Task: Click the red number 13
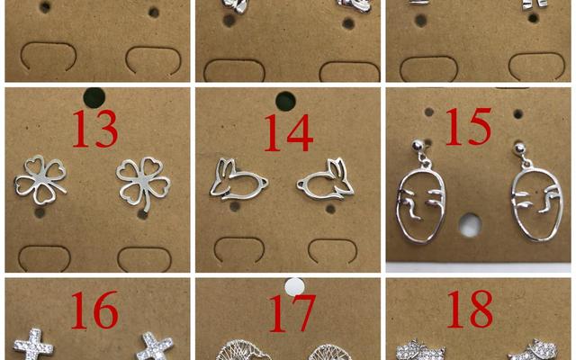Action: coord(95,129)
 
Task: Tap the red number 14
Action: coord(289,132)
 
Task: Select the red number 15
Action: coord(469,126)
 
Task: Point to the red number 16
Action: coord(94,310)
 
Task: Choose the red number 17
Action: coord(292,313)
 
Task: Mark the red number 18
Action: coord(470,309)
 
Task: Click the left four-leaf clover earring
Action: coord(40,180)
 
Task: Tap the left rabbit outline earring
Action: coord(238,179)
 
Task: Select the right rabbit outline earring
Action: coord(326,179)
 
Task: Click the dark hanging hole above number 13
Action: coord(94,98)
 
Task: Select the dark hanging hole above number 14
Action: coord(285,101)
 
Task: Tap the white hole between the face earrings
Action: coord(470,225)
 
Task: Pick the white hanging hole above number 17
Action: coord(294,286)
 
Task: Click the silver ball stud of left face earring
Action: coord(418,146)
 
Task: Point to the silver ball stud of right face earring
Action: coord(519,148)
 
